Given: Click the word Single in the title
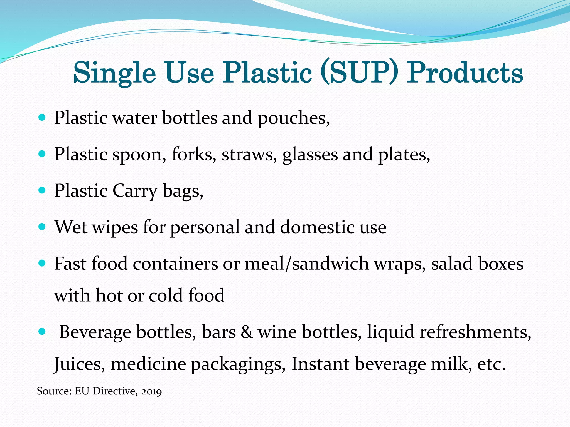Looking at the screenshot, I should pos(114,73).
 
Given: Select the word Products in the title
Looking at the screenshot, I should pos(465,73).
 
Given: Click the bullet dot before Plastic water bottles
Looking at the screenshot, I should pos(42,118).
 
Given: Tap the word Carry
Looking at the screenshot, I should pos(135,191).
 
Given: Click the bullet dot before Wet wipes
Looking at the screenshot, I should pos(42,227).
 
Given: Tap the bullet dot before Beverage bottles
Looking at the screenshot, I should pos(42,331).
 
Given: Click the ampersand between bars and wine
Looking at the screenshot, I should pos(247,332).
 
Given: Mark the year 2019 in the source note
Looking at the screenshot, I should pos(151,391).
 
